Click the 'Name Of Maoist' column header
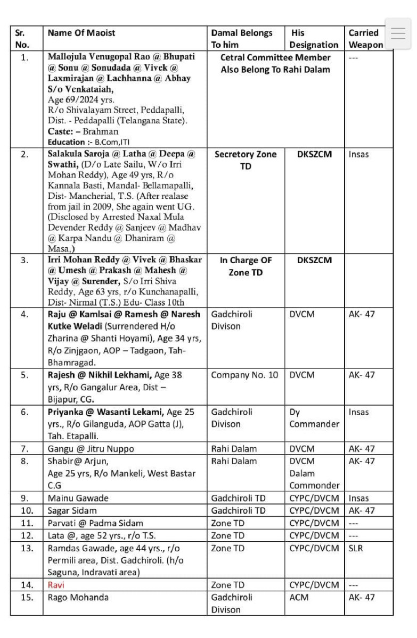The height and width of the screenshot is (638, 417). coord(81,33)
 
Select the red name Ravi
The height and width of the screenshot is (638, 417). coord(55,585)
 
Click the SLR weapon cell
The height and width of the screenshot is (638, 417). coord(356,548)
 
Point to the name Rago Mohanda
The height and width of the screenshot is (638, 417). coord(78,597)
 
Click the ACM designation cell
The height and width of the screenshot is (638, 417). coord(300,597)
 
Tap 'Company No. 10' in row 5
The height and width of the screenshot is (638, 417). coord(244,375)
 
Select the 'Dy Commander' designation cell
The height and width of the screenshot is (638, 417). coord(314,418)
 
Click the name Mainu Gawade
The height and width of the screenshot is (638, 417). coord(78,498)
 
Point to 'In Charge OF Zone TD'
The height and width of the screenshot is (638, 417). coord(246,266)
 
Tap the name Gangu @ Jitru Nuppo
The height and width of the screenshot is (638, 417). coord(91,449)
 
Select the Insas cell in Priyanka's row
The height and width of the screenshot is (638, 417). coord(358,412)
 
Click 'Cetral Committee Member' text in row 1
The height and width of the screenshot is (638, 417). coord(275,57)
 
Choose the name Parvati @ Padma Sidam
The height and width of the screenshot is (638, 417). coord(95,523)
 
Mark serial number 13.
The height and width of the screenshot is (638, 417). coord(25,548)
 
